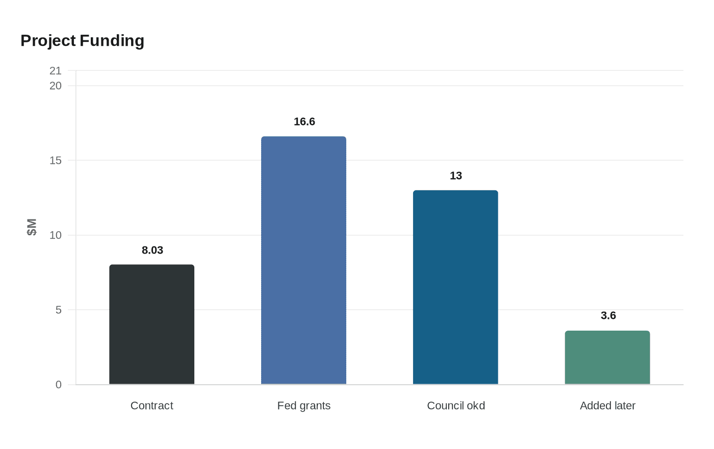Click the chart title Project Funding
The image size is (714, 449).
(82, 41)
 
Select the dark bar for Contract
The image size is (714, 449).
(151, 325)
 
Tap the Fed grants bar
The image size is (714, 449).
(303, 260)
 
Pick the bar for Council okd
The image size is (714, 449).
(455, 287)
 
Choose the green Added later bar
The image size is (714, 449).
(607, 357)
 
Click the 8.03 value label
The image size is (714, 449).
(152, 250)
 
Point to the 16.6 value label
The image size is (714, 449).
(304, 121)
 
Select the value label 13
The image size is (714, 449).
(456, 176)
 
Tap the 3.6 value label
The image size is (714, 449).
(608, 315)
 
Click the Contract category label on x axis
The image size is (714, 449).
(151, 406)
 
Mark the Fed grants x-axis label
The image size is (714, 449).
(303, 406)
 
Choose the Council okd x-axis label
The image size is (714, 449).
(455, 406)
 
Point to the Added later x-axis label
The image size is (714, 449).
(607, 406)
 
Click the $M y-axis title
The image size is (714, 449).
(32, 227)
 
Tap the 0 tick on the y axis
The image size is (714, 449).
(59, 385)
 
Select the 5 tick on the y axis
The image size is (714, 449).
(59, 310)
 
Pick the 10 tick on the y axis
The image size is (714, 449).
(56, 235)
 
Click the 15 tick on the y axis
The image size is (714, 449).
(56, 160)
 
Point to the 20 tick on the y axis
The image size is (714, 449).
(56, 86)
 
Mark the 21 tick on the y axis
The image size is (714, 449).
(56, 71)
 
